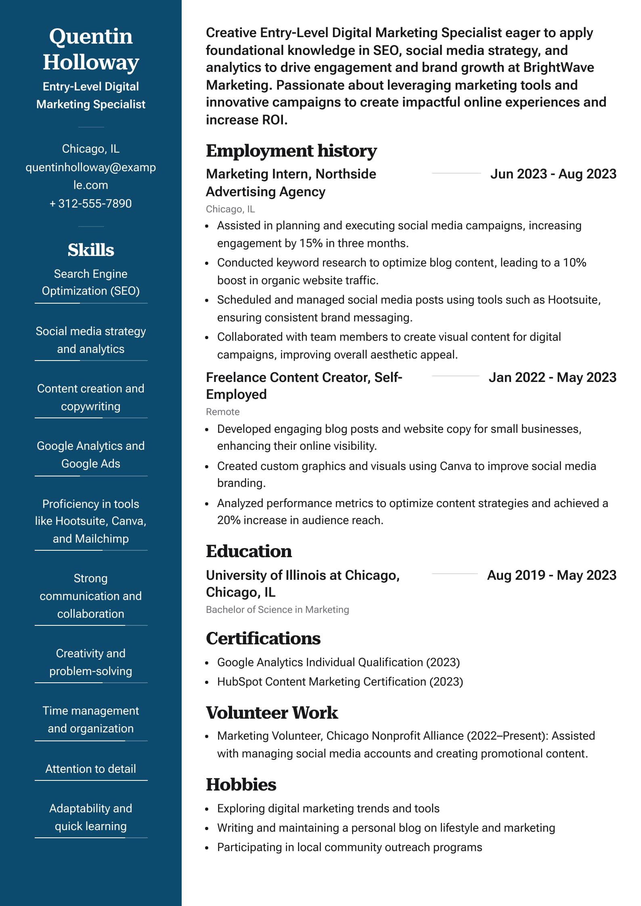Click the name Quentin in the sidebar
click(91, 36)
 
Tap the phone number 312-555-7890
click(94, 203)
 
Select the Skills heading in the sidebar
click(91, 250)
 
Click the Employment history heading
click(291, 151)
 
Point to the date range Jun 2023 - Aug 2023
click(553, 174)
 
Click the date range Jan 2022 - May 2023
click(552, 377)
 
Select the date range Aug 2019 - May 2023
click(551, 575)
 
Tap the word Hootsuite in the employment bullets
click(573, 300)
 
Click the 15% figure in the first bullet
click(310, 243)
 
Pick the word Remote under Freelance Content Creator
click(223, 412)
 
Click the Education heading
click(249, 551)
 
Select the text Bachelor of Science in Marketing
click(277, 610)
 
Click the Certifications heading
click(263, 638)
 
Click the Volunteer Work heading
click(272, 713)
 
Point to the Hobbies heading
click(241, 784)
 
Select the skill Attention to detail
click(91, 769)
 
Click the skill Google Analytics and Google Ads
click(91, 455)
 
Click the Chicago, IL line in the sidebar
click(91, 149)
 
